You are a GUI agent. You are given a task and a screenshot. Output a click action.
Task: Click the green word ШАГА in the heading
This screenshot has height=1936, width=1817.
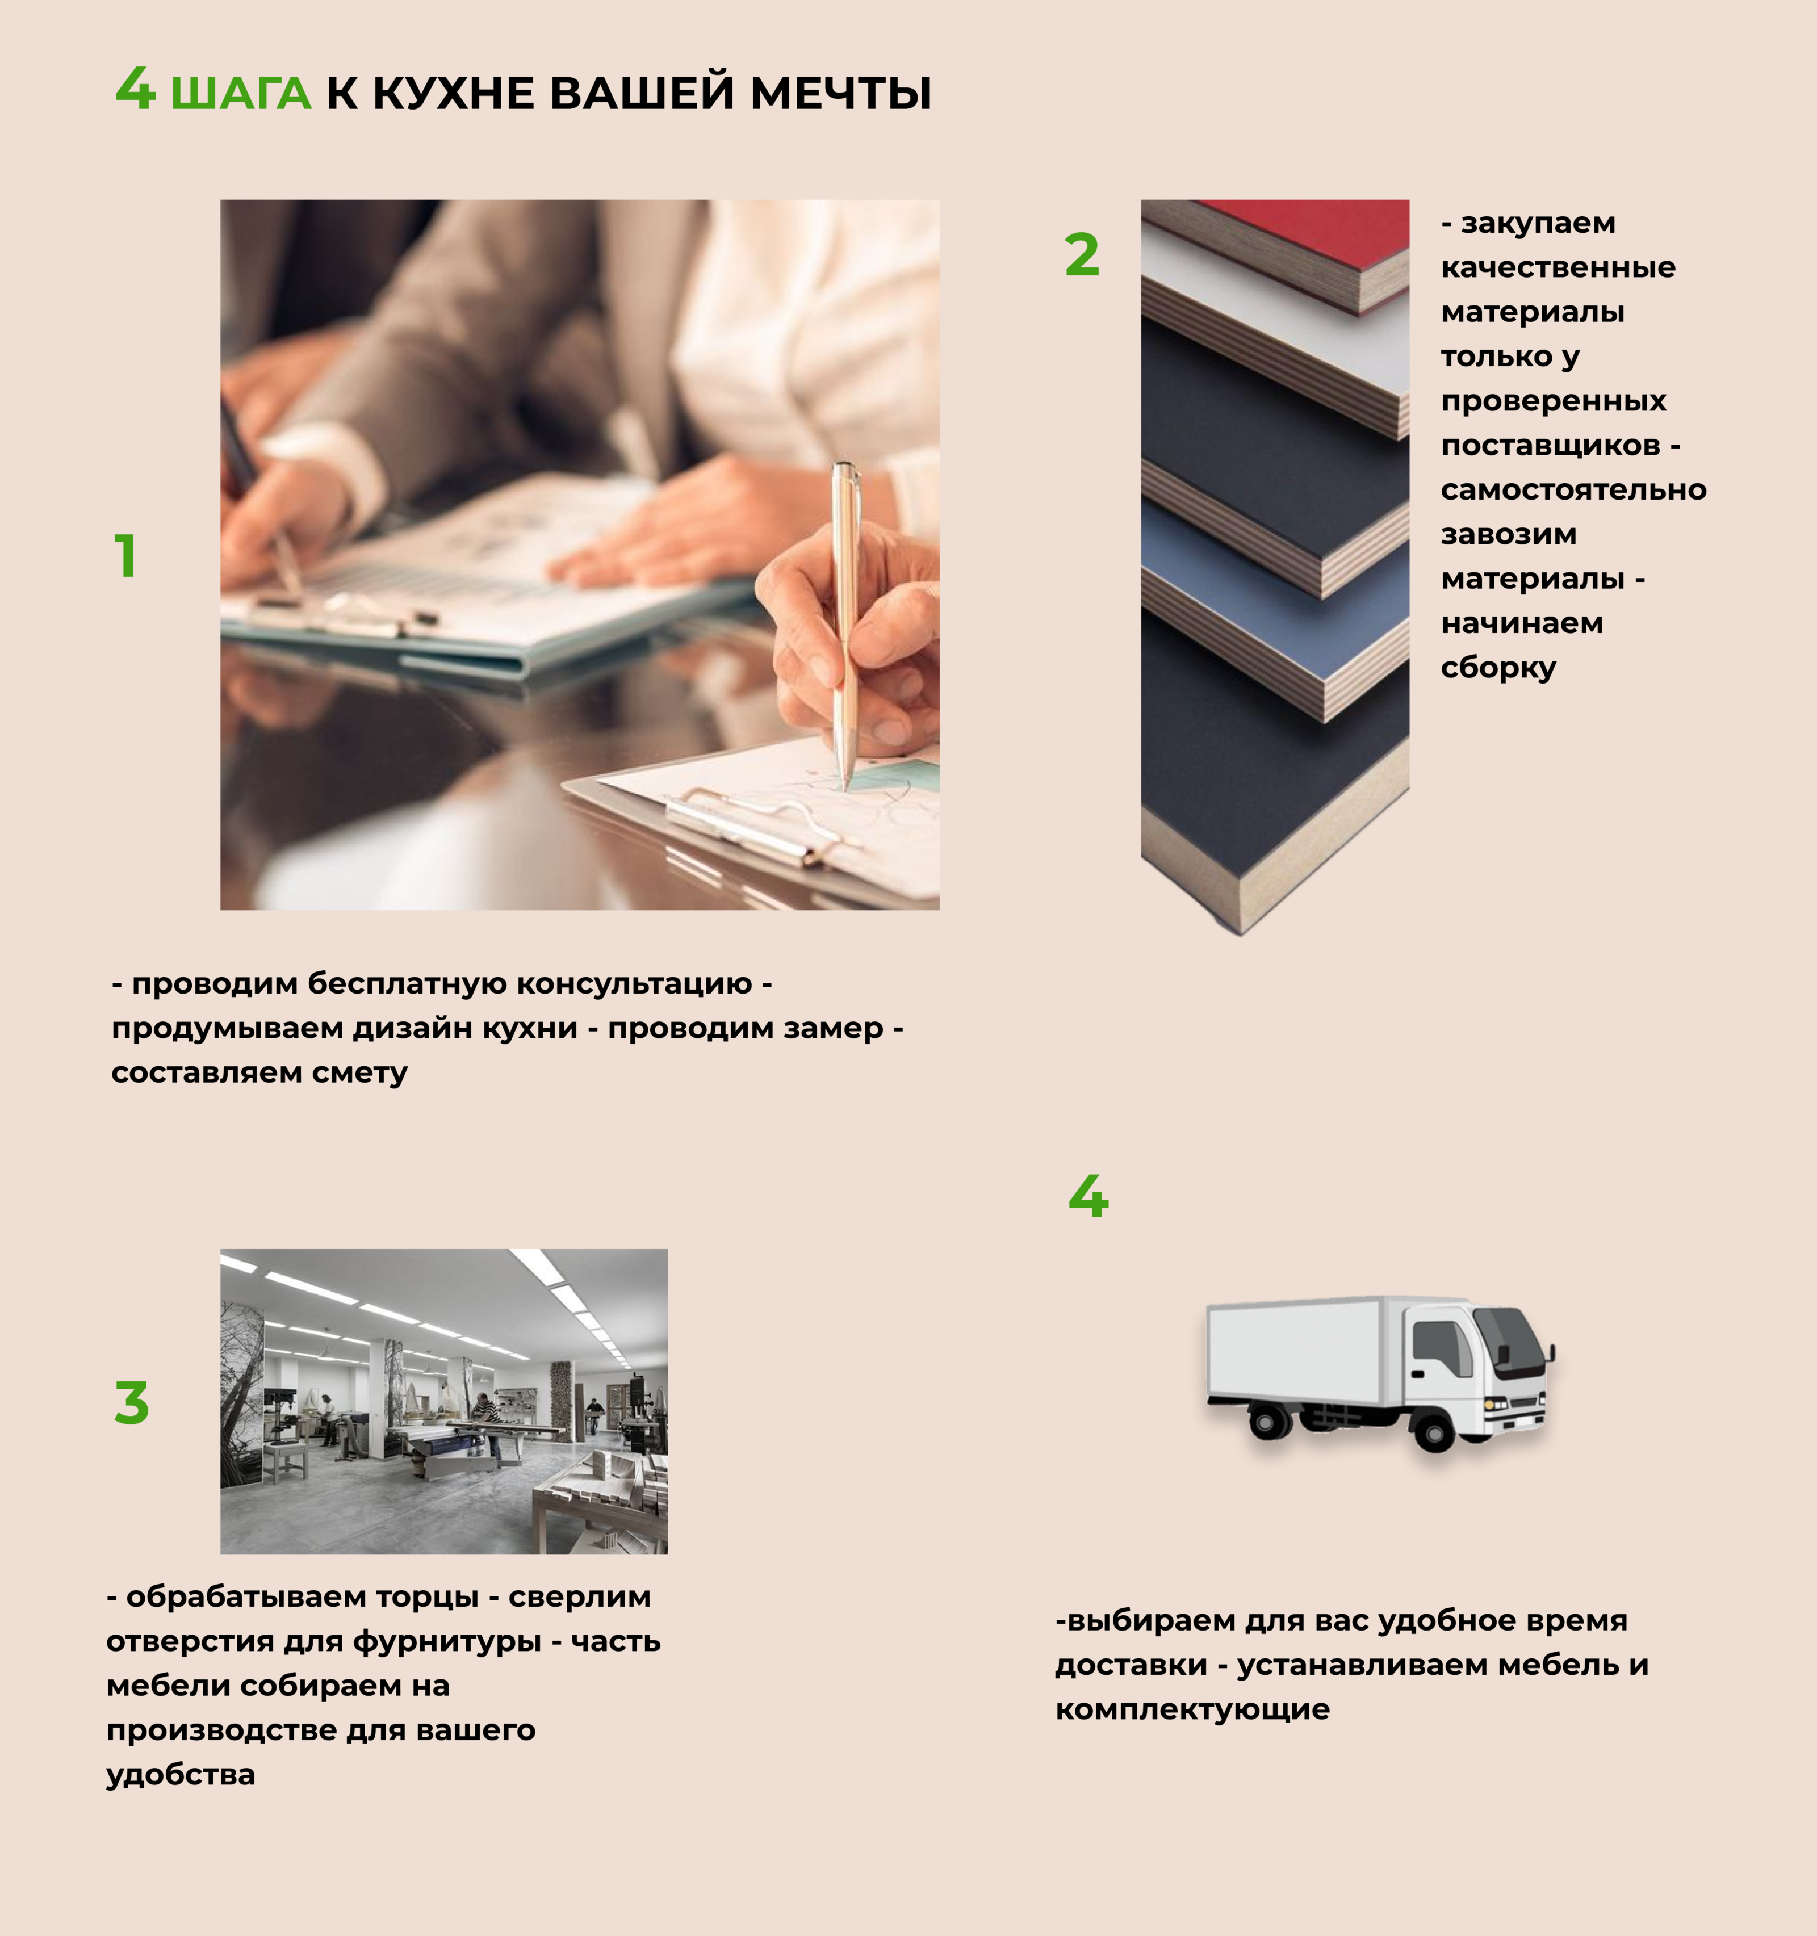coord(241,94)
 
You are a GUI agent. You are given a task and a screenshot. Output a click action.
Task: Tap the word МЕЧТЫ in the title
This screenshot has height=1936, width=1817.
coord(840,94)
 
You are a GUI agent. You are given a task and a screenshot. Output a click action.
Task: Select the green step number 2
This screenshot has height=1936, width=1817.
coord(1082,255)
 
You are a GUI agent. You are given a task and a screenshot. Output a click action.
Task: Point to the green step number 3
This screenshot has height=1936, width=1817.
coord(132,1403)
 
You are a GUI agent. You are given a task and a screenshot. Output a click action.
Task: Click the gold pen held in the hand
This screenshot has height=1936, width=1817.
coord(845,623)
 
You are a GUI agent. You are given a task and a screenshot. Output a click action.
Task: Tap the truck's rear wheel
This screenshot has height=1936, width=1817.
coord(1266,1422)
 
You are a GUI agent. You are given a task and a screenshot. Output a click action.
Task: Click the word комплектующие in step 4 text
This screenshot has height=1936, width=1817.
coord(1192,1709)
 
